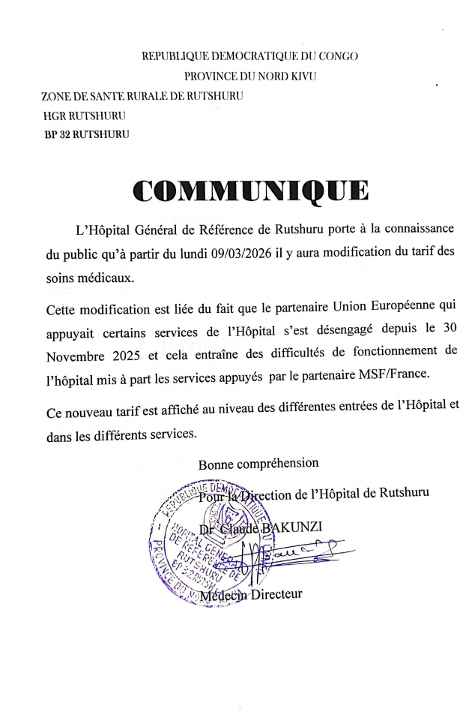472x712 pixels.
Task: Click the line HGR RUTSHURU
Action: click(x=84, y=116)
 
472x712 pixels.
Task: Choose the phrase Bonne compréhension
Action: click(x=258, y=464)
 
